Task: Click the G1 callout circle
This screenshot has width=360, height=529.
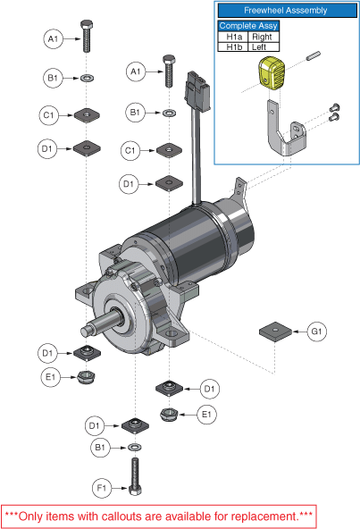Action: click(x=317, y=332)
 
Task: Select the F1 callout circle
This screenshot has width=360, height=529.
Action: click(x=102, y=488)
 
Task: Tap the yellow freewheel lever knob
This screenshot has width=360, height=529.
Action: click(x=272, y=73)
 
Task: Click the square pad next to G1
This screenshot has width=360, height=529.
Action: click(x=275, y=332)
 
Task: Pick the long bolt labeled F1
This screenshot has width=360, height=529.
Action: click(x=135, y=476)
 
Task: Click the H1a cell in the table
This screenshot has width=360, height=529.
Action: click(x=233, y=37)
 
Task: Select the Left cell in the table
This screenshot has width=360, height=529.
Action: click(x=264, y=46)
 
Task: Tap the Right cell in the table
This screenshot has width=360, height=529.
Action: click(x=264, y=37)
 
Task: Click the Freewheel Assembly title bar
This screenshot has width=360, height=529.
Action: click(x=287, y=11)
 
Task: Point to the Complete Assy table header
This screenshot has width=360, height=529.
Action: click(x=248, y=26)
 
